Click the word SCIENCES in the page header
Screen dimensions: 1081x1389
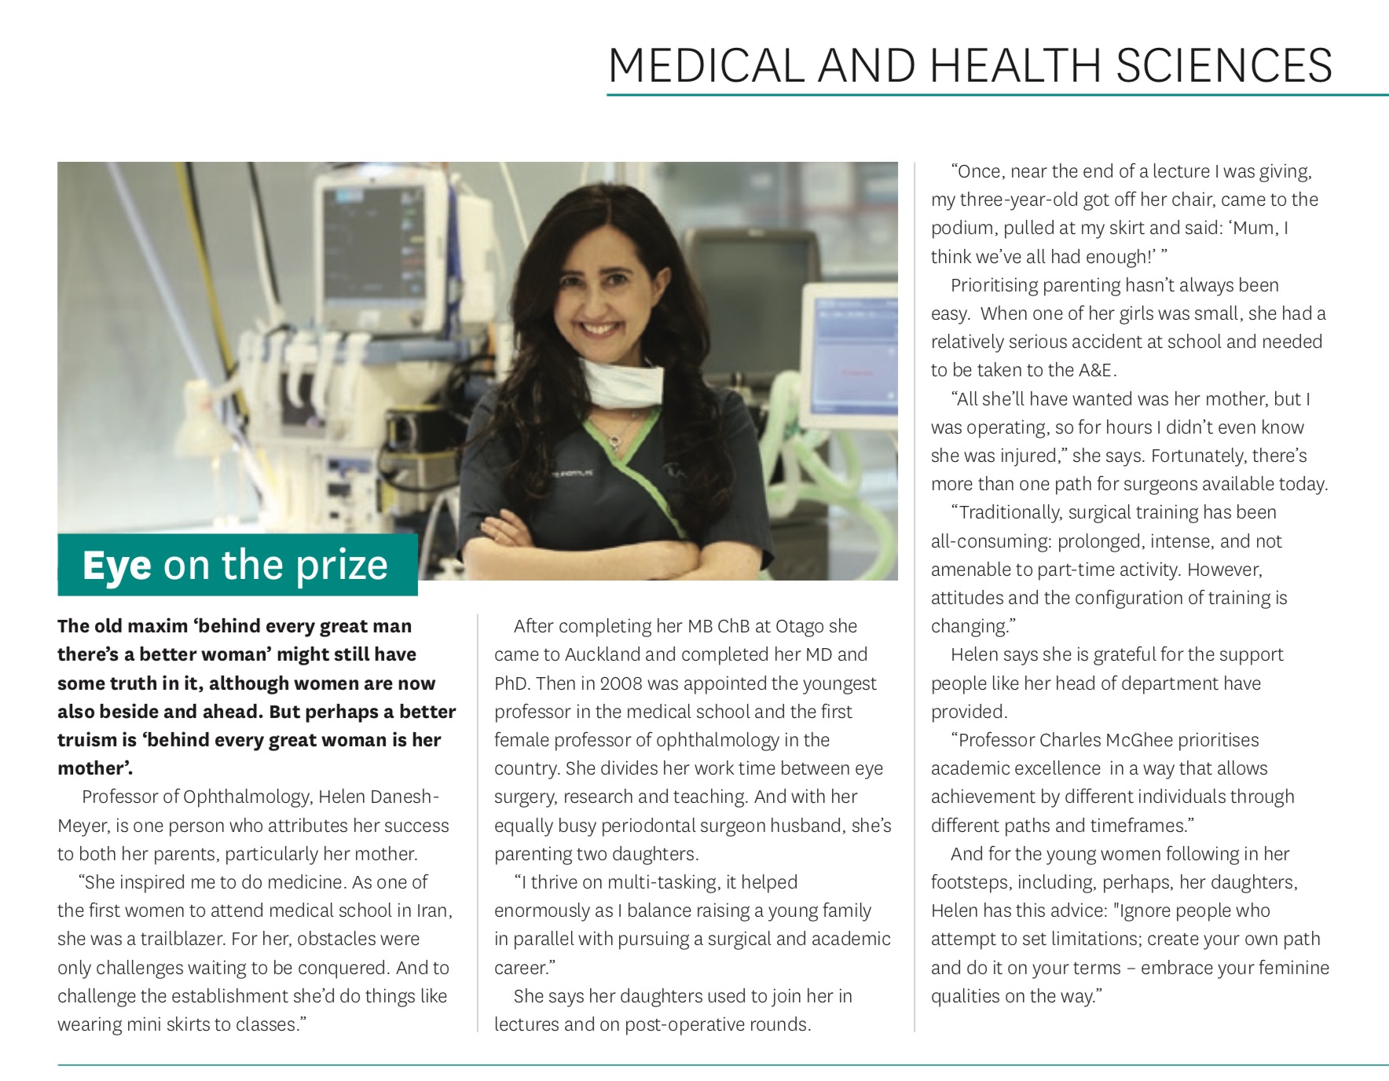(1223, 65)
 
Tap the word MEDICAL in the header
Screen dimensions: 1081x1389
(706, 65)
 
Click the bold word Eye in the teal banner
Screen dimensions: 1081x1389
(116, 565)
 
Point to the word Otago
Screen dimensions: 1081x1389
(801, 626)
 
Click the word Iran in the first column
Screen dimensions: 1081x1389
(434, 911)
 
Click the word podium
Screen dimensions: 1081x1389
(961, 228)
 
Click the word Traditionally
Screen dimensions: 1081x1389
(1010, 512)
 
